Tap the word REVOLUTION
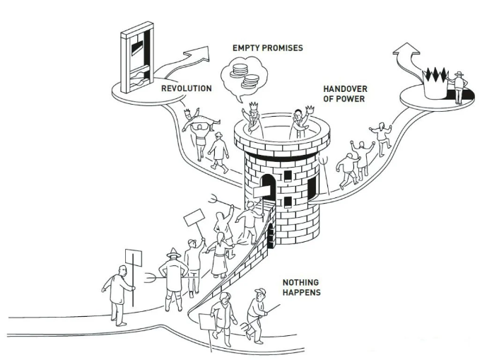point(186,88)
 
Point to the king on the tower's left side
point(252,121)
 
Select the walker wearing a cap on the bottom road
point(257,311)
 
